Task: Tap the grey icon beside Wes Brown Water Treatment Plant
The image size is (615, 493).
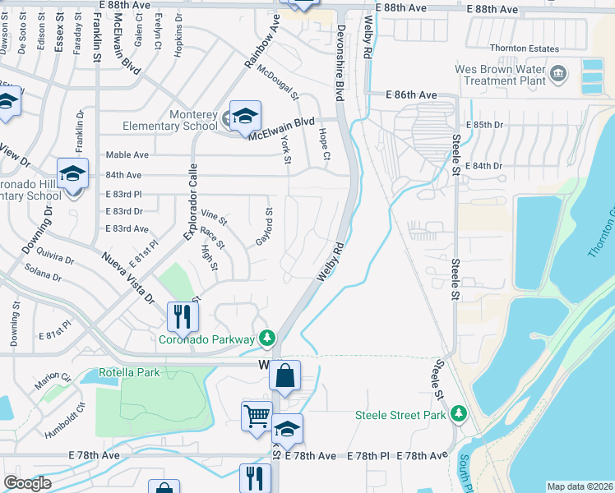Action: tap(558, 75)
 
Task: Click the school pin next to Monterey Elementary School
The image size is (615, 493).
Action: tap(245, 116)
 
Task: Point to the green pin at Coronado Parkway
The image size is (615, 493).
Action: tap(266, 338)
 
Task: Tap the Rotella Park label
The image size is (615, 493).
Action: tap(130, 372)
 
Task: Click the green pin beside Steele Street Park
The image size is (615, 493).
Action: tap(459, 414)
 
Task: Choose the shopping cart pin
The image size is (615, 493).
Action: tap(257, 416)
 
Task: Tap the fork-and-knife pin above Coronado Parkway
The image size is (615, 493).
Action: tap(183, 316)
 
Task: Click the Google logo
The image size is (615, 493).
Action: tap(27, 483)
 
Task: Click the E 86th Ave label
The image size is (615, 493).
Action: tap(412, 95)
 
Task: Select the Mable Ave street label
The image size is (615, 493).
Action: tap(127, 154)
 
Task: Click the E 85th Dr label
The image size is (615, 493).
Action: tap(483, 124)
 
